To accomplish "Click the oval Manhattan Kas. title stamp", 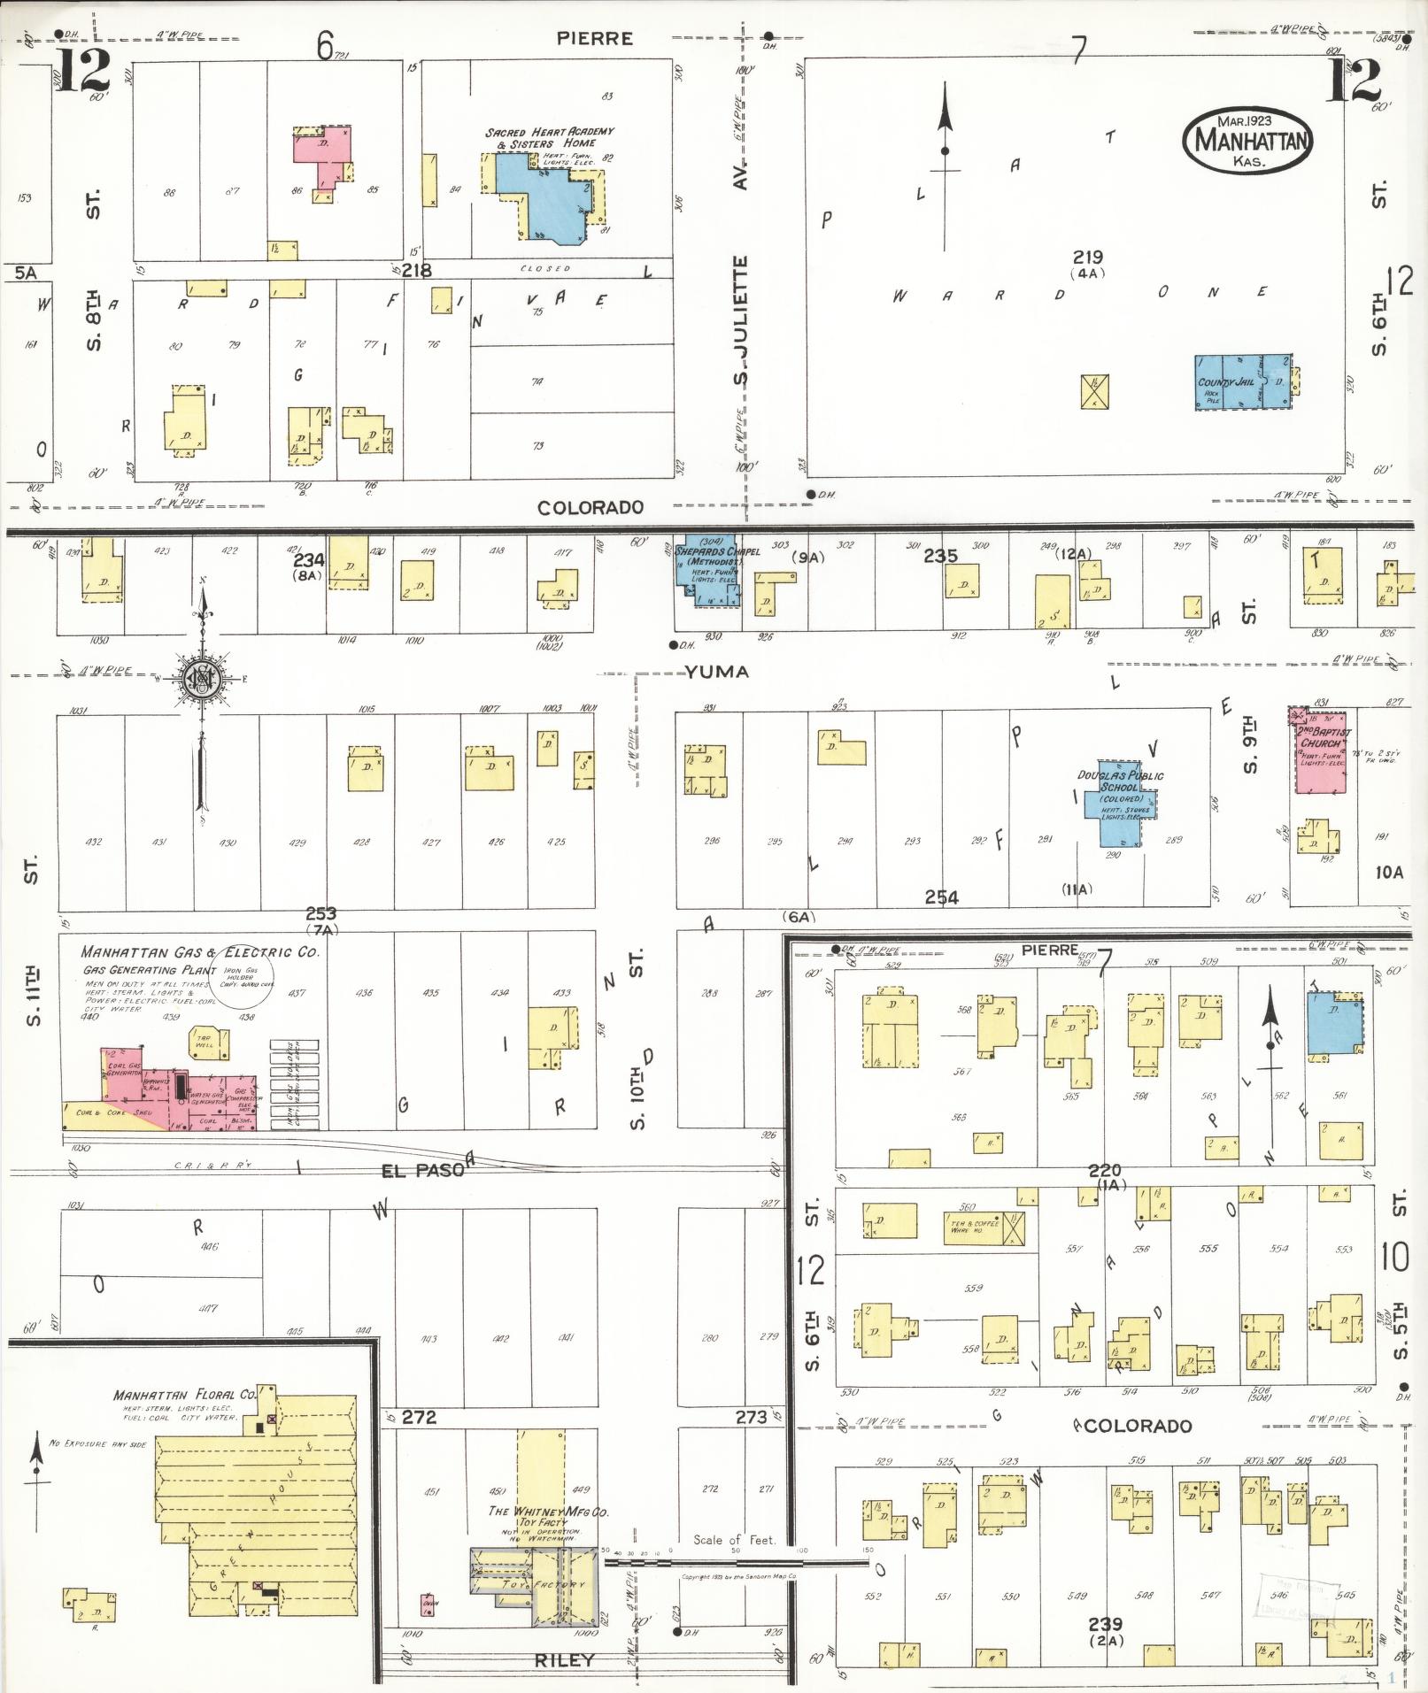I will [x=1248, y=140].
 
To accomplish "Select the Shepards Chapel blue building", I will [x=707, y=570].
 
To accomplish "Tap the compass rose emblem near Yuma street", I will [x=203, y=679].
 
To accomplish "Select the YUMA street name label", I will [x=716, y=673].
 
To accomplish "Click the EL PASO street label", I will [x=422, y=1170].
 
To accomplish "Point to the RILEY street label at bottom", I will [x=564, y=1661].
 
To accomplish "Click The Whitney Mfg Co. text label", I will [x=548, y=1512].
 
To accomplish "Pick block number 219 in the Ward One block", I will [x=1086, y=258].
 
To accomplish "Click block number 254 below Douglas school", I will [x=941, y=897].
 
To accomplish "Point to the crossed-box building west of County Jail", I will [x=1095, y=391].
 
